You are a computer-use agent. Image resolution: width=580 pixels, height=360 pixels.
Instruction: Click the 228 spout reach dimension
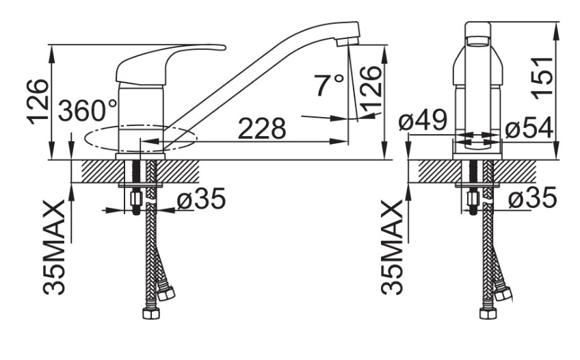coord(262,129)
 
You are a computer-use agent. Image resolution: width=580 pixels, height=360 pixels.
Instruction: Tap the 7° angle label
coord(329,85)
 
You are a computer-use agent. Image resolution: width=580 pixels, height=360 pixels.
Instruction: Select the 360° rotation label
coord(88,111)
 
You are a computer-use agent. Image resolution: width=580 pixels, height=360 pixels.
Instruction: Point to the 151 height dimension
coord(543,78)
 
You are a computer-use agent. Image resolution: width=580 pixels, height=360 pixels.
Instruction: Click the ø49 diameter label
coord(423,120)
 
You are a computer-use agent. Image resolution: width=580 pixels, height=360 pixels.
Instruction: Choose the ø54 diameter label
coord(529,128)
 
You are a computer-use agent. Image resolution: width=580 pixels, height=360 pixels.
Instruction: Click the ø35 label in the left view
coord(201,198)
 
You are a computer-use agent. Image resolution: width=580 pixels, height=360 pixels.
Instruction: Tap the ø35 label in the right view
coord(532,197)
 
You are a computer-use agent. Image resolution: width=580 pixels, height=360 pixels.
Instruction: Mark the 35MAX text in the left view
coord(55,247)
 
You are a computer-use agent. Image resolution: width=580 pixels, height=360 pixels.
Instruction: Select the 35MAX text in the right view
coord(392,247)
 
